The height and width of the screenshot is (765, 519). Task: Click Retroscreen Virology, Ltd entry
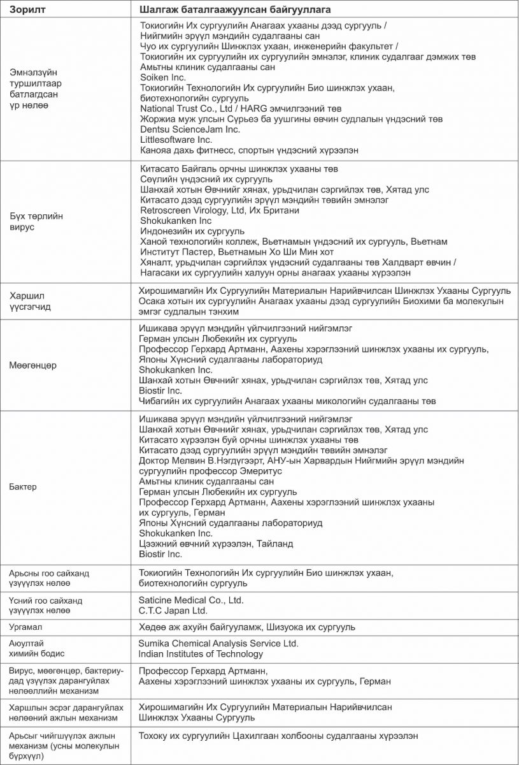[219, 210]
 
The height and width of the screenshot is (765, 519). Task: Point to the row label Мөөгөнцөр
[33, 365]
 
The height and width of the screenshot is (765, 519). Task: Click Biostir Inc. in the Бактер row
[160, 554]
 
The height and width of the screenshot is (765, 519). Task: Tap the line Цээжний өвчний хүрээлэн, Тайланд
[216, 543]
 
